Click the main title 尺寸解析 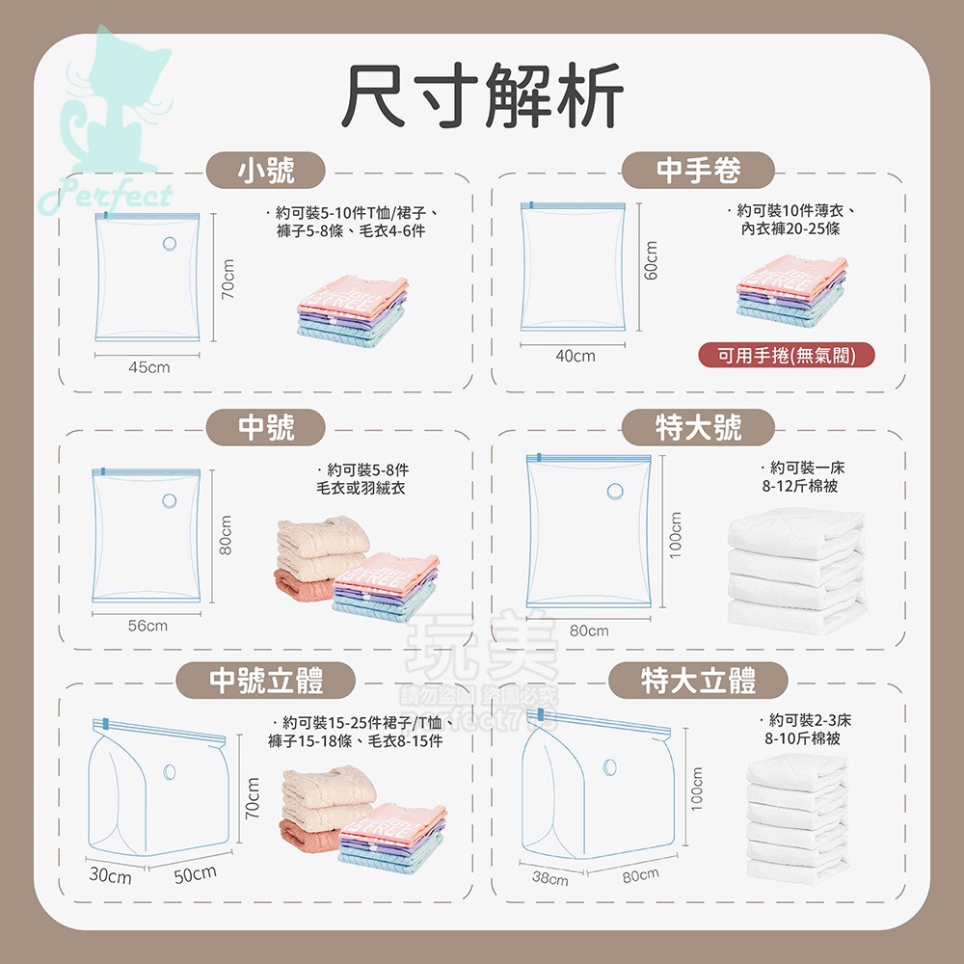[x=483, y=96]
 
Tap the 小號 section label [x=266, y=171]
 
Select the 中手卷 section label [x=699, y=171]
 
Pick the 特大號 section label [x=699, y=427]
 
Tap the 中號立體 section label [x=266, y=682]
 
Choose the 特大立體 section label [x=699, y=682]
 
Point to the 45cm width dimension [x=149, y=367]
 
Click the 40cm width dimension [x=576, y=357]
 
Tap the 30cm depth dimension [x=111, y=877]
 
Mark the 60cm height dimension [x=651, y=261]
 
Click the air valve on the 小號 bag [x=170, y=244]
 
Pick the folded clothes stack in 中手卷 [x=790, y=288]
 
